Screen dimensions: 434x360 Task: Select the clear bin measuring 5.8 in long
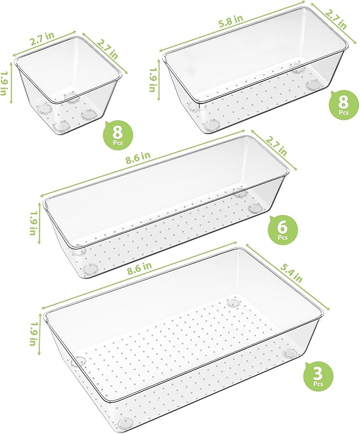coord(254,74)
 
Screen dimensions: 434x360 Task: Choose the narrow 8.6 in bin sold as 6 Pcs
coord(164,207)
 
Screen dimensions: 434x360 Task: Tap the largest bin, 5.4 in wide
coord(180,339)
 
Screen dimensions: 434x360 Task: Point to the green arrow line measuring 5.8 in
coord(233,28)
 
